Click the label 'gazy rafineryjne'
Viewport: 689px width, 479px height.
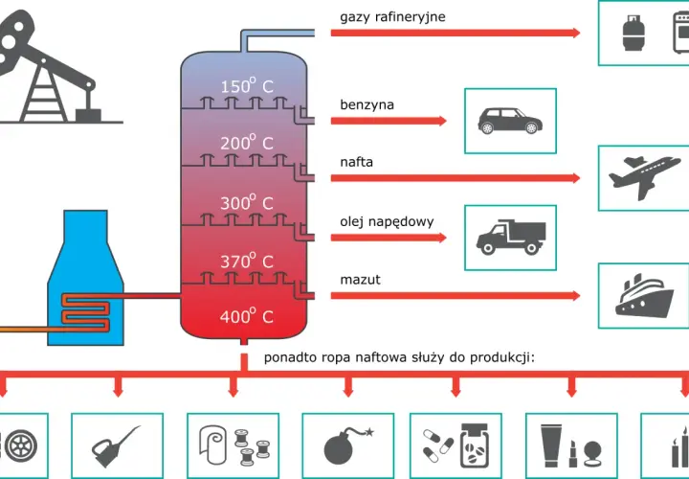(x=392, y=17)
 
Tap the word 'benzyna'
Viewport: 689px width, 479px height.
(x=367, y=105)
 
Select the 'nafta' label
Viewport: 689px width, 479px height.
(x=356, y=162)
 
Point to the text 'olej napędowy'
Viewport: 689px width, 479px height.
(x=387, y=221)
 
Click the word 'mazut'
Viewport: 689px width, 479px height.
(x=361, y=280)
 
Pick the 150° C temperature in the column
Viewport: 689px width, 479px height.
(x=247, y=85)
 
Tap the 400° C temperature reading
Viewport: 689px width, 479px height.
(x=247, y=315)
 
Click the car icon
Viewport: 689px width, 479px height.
(x=510, y=121)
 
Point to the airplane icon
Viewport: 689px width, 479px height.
(x=644, y=177)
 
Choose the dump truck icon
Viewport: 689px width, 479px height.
(x=511, y=238)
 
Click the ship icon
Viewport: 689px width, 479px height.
(x=644, y=295)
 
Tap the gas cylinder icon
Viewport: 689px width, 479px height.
(x=633, y=33)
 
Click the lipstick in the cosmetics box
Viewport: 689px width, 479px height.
(x=572, y=454)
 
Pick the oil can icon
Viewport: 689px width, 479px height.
(x=115, y=446)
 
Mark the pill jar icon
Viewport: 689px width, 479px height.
(x=475, y=445)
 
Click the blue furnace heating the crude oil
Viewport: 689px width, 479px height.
(x=86, y=278)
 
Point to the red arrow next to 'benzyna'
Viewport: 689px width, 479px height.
(x=389, y=121)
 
